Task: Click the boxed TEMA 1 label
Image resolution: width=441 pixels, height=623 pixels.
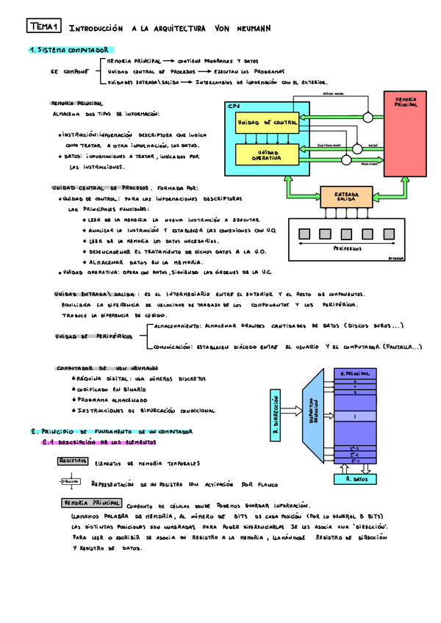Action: pyautogui.click(x=45, y=27)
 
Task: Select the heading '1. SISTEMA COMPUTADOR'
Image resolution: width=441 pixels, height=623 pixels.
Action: pyautogui.click(x=66, y=50)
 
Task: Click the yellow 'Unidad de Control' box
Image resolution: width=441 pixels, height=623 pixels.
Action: pyautogui.click(x=267, y=122)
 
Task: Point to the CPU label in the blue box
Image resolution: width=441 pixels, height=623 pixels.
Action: pyautogui.click(x=234, y=107)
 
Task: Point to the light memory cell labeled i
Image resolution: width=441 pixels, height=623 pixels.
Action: pyautogui.click(x=355, y=417)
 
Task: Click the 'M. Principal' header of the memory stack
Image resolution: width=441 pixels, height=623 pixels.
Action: pyautogui.click(x=355, y=374)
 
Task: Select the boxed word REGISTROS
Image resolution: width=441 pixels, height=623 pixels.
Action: pyautogui.click(x=72, y=461)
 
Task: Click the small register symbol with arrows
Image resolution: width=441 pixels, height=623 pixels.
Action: pyautogui.click(x=69, y=482)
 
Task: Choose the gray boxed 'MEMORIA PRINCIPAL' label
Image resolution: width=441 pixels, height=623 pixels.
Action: pyautogui.click(x=91, y=503)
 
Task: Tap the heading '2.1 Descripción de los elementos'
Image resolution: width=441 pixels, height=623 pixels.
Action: pyautogui.click(x=98, y=443)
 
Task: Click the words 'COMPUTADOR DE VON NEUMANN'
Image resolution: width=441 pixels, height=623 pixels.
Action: pyautogui.click(x=107, y=367)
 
